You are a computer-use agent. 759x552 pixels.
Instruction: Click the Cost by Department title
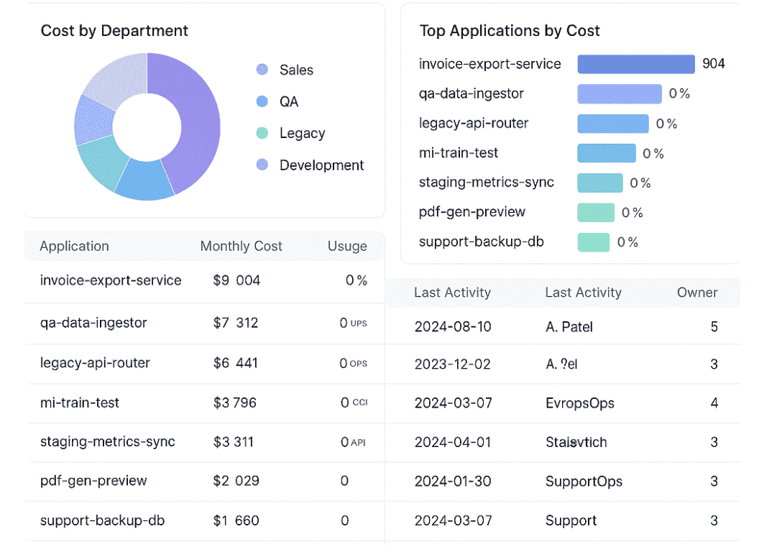tap(114, 31)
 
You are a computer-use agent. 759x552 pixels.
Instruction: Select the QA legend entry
tap(288, 101)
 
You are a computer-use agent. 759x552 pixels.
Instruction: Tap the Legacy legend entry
tap(302, 133)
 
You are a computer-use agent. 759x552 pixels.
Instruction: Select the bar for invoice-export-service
tap(636, 64)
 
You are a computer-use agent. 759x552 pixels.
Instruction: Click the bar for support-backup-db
tap(594, 242)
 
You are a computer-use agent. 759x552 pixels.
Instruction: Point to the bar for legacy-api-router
tap(613, 124)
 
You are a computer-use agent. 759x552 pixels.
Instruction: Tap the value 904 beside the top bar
tap(714, 64)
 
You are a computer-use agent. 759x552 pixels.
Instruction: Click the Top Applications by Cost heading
tap(510, 31)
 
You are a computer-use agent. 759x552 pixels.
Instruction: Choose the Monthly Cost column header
tap(241, 246)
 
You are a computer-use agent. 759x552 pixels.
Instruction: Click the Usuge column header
tap(347, 246)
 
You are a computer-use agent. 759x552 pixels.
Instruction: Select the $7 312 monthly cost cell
tap(236, 323)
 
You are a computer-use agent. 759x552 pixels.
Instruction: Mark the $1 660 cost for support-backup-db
tap(236, 520)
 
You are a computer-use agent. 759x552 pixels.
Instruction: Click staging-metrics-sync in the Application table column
tap(108, 441)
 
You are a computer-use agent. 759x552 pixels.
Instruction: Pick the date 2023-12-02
tap(453, 364)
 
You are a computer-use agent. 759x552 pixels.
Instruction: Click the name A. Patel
tap(569, 327)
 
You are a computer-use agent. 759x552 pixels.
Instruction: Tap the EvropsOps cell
tap(580, 403)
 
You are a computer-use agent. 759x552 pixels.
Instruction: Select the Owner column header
tap(697, 293)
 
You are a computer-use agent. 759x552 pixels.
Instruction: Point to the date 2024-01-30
tap(453, 482)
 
